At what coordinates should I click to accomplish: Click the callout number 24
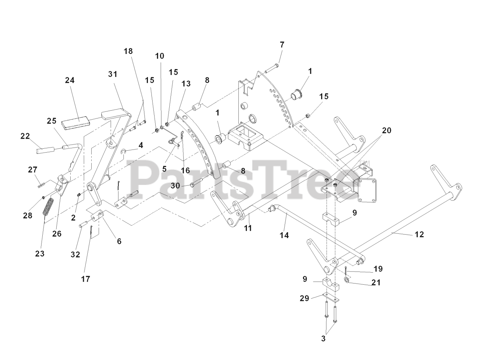click(70, 80)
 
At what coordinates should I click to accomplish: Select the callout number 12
click(419, 234)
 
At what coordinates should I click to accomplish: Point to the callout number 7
click(282, 45)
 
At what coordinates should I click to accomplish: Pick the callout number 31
click(113, 74)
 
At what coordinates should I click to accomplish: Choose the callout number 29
click(304, 298)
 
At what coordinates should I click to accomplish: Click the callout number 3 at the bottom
click(323, 338)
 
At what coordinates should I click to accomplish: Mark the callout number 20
click(386, 130)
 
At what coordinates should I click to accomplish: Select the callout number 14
click(285, 235)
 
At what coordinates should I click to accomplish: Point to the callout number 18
click(128, 51)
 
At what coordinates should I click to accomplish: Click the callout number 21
click(376, 282)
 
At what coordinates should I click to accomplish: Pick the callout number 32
click(75, 254)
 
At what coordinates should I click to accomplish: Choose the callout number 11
click(248, 228)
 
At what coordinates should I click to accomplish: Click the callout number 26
click(57, 234)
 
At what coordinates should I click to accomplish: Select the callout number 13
click(186, 83)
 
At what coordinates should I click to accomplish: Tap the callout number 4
click(141, 145)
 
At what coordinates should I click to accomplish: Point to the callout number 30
click(176, 186)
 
